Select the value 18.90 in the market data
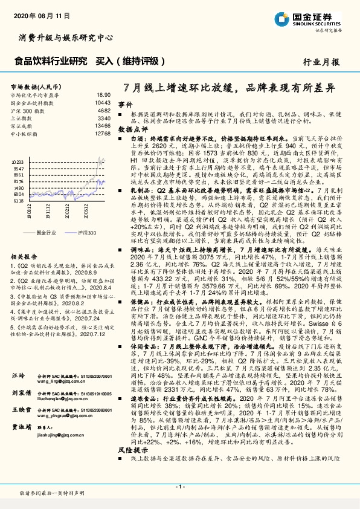tap(103, 95)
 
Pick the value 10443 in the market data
tap(103, 103)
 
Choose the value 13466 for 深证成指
tap(103, 126)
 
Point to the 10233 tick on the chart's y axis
tap(18, 162)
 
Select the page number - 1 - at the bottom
tap(179, 487)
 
